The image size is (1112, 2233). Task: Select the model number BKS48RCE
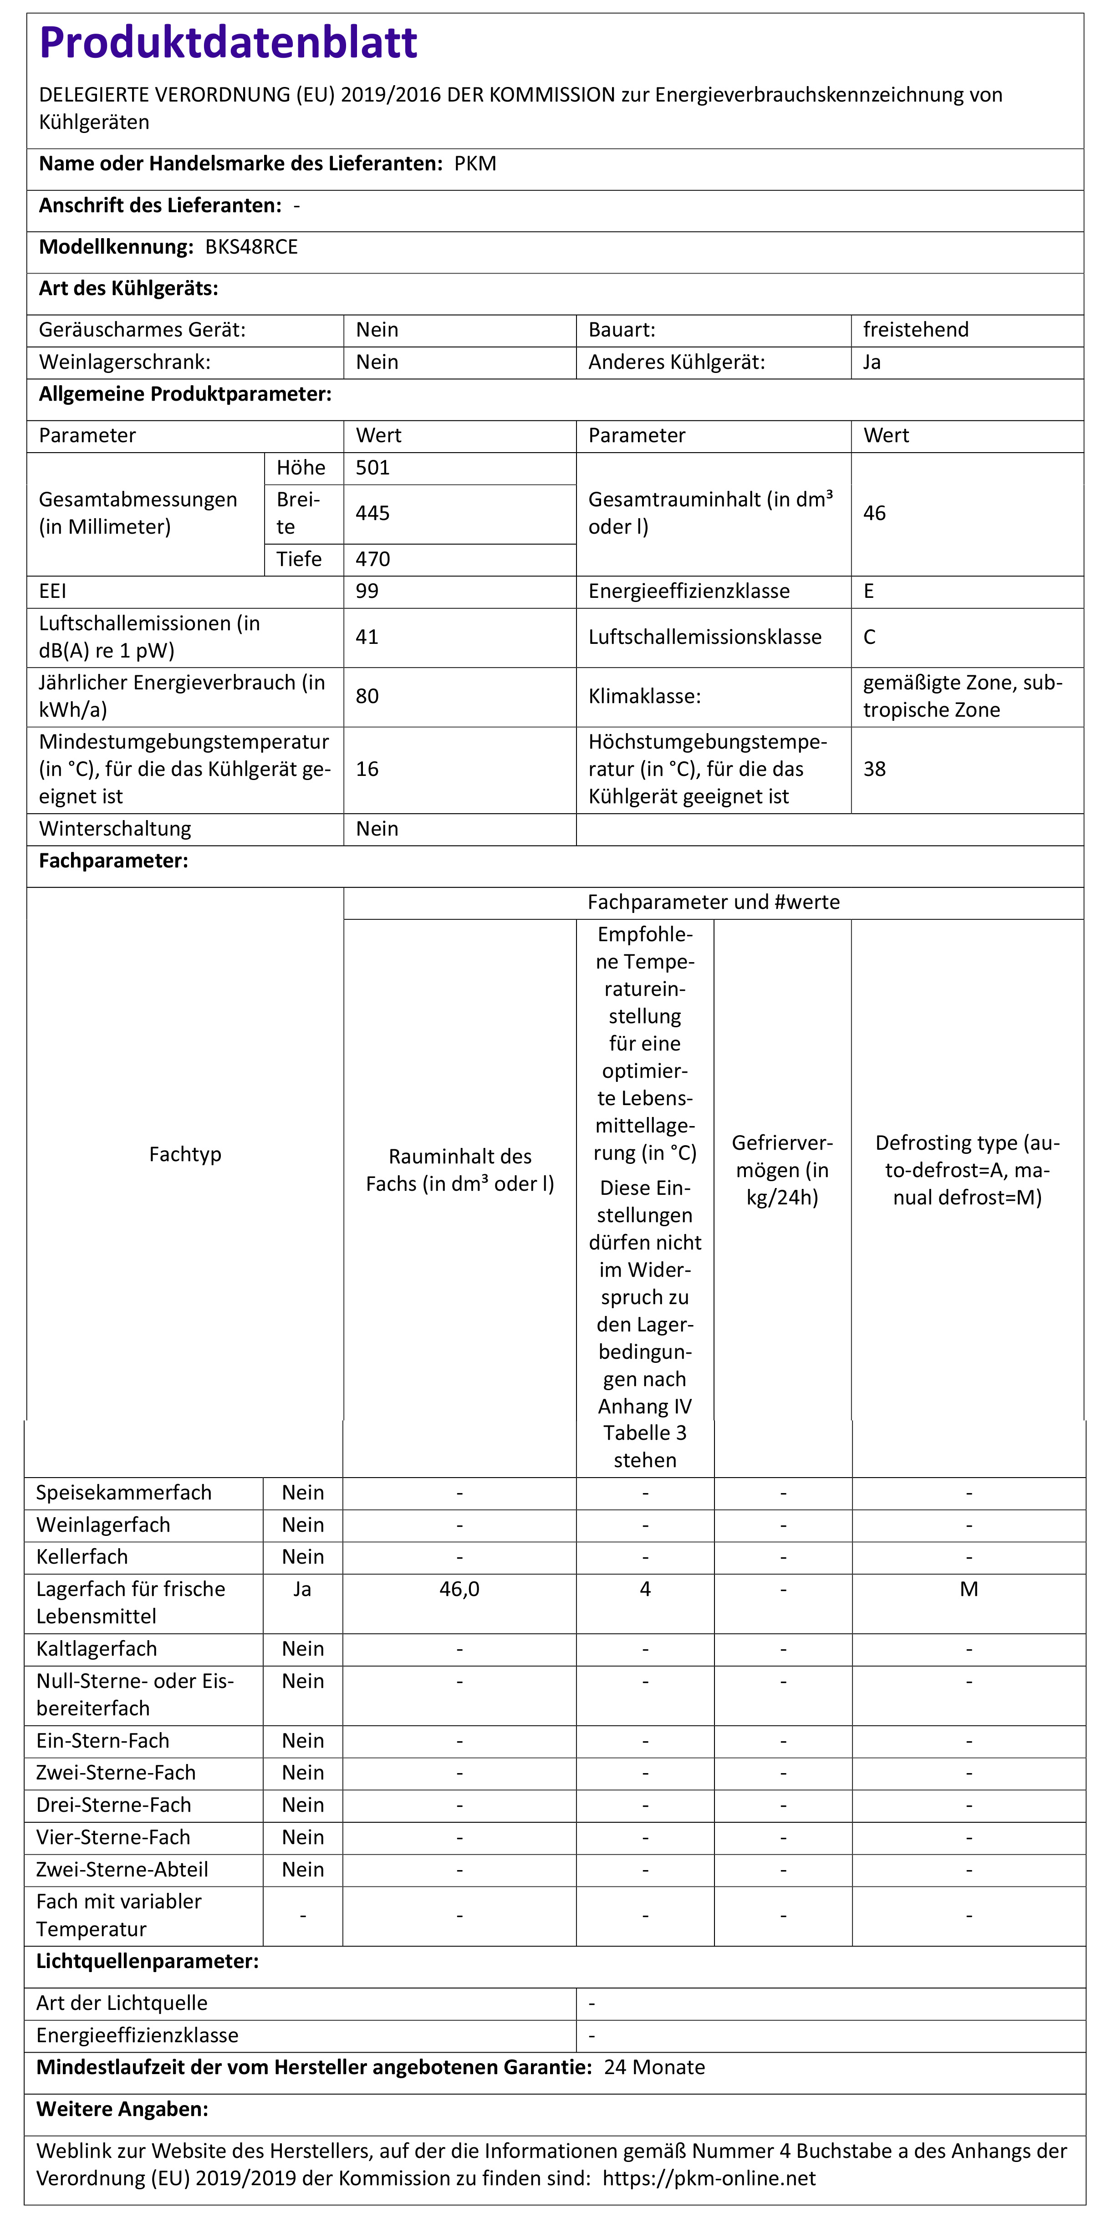[x=251, y=247]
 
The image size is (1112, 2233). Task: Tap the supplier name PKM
[x=475, y=164]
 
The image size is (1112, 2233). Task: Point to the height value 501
[x=372, y=468]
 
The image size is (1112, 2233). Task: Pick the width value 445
[x=372, y=513]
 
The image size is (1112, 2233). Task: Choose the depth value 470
[x=372, y=559]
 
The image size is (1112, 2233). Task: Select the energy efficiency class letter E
[x=868, y=591]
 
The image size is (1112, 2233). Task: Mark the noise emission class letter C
[x=869, y=637]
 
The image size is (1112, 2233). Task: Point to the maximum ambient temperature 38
[x=874, y=769]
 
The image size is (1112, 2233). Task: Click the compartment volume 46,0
[x=459, y=1589]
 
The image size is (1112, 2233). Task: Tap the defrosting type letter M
[x=969, y=1589]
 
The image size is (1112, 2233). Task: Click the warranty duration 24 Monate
[x=654, y=2067]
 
